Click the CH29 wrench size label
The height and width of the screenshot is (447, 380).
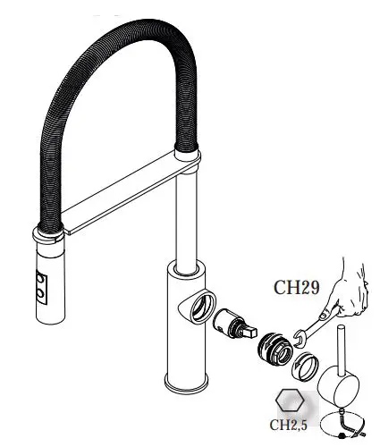point(296,288)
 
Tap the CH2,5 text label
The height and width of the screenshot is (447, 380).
point(289,425)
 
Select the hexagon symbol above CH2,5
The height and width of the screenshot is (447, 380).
point(287,401)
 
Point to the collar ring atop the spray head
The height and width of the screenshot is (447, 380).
point(49,237)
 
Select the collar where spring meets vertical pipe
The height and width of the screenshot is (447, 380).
point(187,159)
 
